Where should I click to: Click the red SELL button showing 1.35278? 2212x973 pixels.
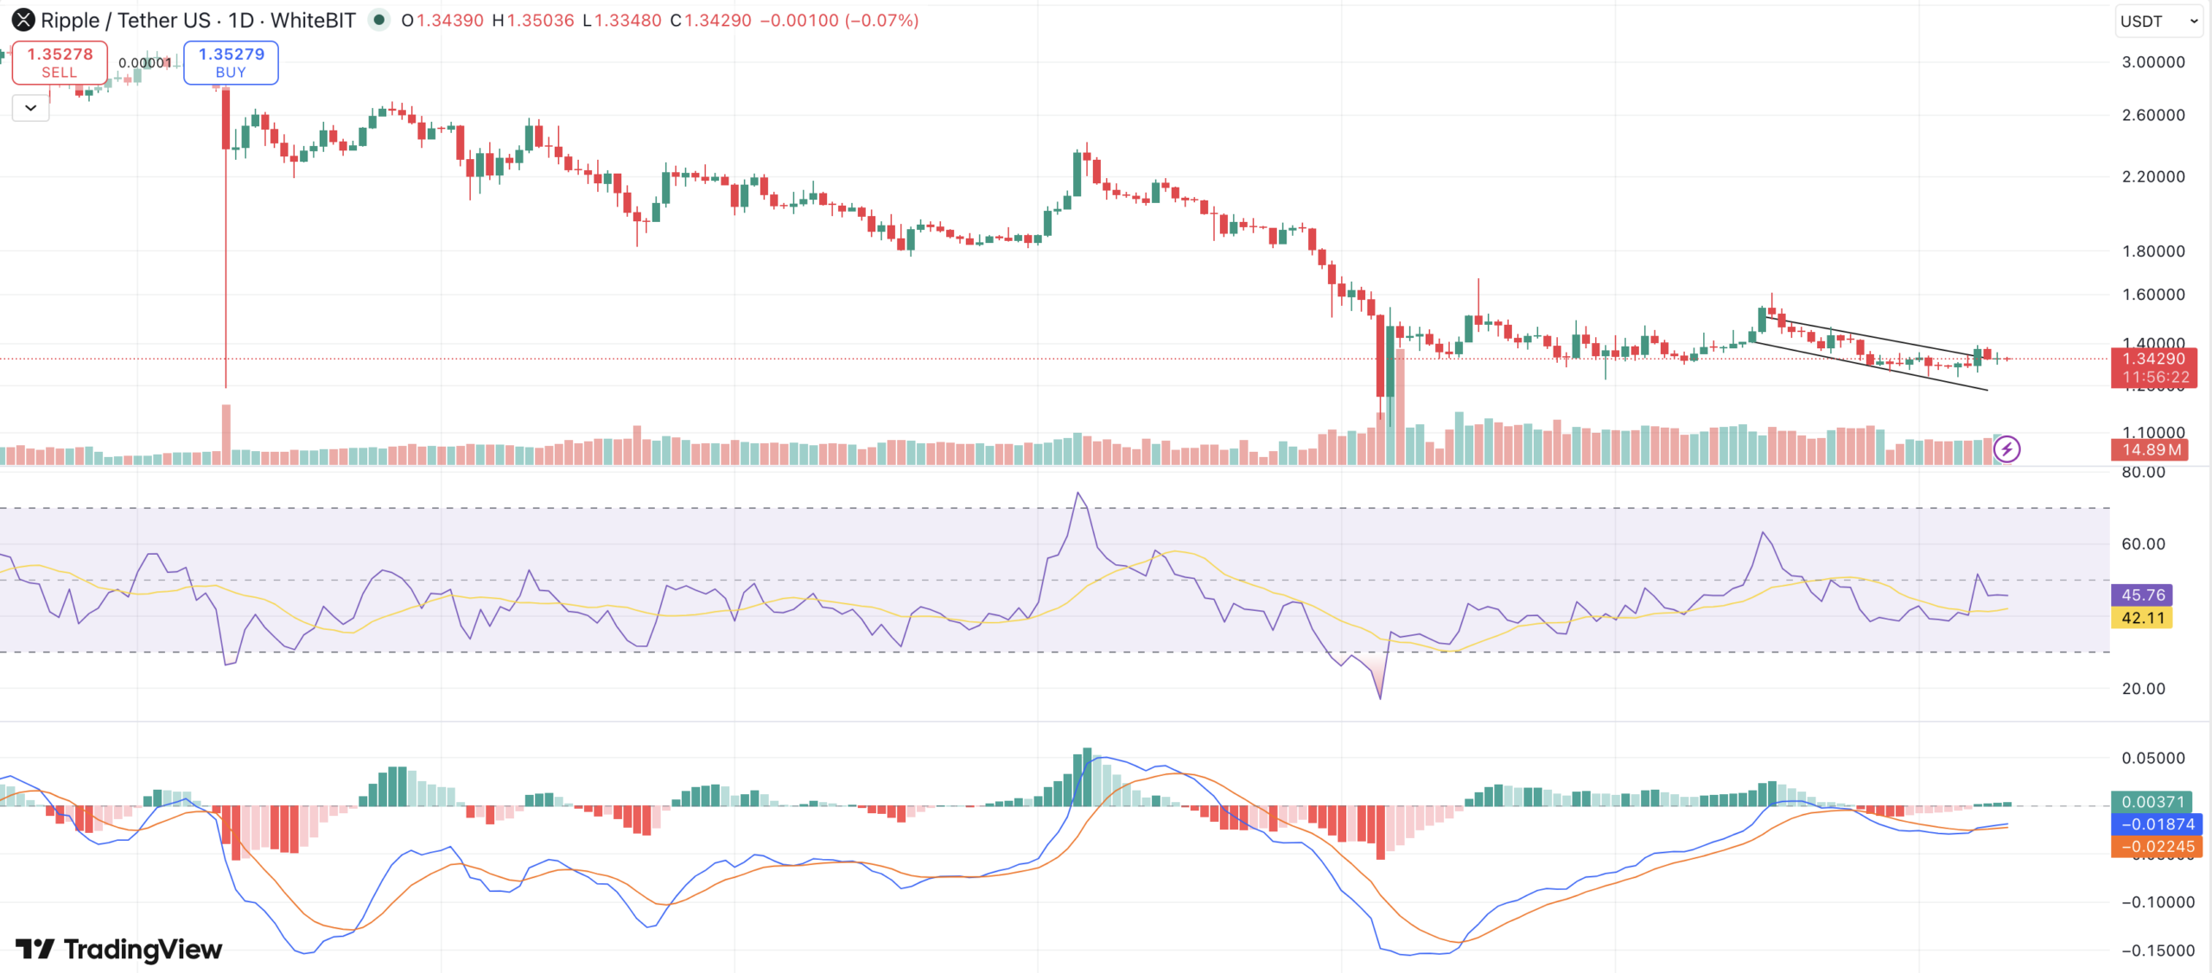(x=60, y=62)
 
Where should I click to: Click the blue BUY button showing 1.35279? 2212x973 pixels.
(x=231, y=62)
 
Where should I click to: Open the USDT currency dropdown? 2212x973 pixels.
(x=2157, y=21)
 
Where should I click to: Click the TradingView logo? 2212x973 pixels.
(x=119, y=949)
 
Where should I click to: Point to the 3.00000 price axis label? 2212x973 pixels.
(x=2152, y=62)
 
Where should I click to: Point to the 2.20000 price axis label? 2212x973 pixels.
(x=2152, y=176)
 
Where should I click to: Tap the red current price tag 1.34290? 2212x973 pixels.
(x=2153, y=359)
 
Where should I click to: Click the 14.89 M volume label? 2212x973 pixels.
(x=2150, y=449)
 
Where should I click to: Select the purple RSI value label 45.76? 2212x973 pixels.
(x=2142, y=595)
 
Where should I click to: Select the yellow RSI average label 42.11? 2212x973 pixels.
(x=2142, y=618)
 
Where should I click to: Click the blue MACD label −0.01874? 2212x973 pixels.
(x=2156, y=824)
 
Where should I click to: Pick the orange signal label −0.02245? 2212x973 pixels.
(x=2156, y=847)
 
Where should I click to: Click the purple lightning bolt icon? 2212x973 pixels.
(x=2006, y=449)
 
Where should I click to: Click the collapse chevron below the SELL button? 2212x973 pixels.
(x=30, y=108)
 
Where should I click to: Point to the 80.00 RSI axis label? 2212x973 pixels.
(x=2143, y=472)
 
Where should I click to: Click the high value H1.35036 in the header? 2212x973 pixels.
(x=533, y=20)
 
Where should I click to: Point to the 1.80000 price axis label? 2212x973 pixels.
(x=2152, y=251)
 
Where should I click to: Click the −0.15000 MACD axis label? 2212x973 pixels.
(x=2157, y=951)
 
